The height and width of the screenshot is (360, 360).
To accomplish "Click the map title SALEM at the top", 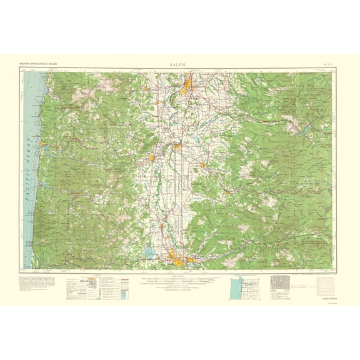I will pos(180,64).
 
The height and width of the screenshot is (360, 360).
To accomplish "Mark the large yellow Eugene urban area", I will pos(177,256).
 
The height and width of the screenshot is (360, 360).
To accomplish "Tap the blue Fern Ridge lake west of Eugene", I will pos(149,253).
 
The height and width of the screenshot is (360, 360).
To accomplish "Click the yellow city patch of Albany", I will pos(177,147).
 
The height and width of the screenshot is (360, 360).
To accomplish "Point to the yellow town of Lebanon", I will pos(202,165).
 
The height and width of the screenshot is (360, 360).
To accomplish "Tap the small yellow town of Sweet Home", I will pos(232,191).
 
